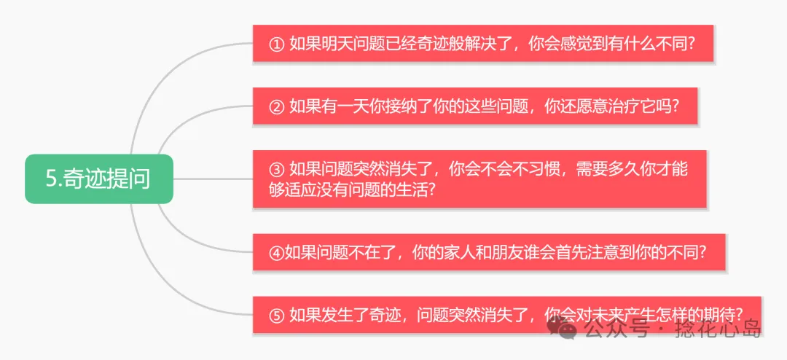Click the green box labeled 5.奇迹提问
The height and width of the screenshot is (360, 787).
[99, 179]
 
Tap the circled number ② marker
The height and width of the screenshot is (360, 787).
[276, 107]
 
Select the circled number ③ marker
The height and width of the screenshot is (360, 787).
[276, 169]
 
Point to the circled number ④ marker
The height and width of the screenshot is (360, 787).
[275, 252]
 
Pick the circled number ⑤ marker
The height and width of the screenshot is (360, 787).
[276, 315]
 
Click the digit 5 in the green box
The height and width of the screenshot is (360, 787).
[51, 179]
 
